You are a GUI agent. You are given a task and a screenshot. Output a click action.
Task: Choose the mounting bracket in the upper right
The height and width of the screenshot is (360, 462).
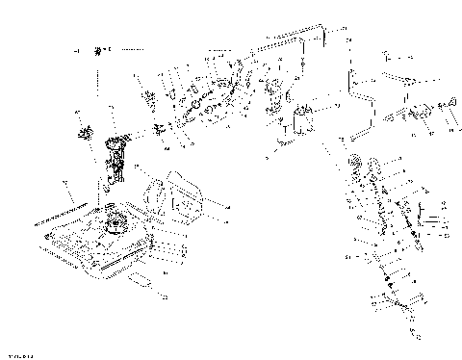pos(420,106)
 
